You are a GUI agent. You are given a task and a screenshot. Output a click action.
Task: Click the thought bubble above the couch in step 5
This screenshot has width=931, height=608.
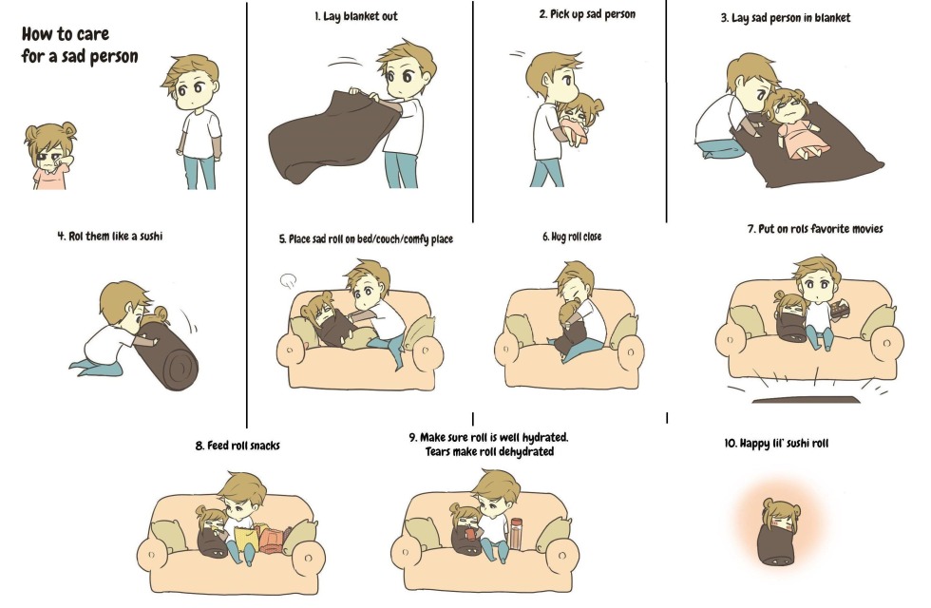tap(289, 279)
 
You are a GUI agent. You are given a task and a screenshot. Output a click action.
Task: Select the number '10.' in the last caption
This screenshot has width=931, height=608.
tap(731, 443)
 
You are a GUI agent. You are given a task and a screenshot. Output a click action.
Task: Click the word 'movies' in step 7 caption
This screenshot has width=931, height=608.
tap(864, 229)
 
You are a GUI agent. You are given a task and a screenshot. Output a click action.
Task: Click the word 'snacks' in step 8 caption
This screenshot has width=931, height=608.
tap(262, 445)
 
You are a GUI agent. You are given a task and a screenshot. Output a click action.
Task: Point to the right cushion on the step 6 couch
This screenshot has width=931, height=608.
tap(623, 330)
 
